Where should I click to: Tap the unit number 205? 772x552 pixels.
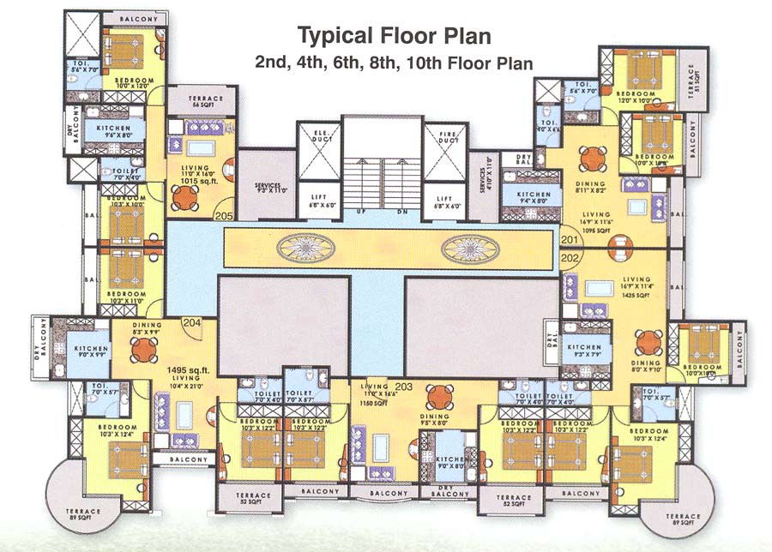(225, 216)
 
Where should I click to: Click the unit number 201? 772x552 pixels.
(569, 240)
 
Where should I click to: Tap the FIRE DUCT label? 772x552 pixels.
(443, 137)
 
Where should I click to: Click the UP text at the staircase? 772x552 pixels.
(362, 210)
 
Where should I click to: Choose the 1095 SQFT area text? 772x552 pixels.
(597, 231)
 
